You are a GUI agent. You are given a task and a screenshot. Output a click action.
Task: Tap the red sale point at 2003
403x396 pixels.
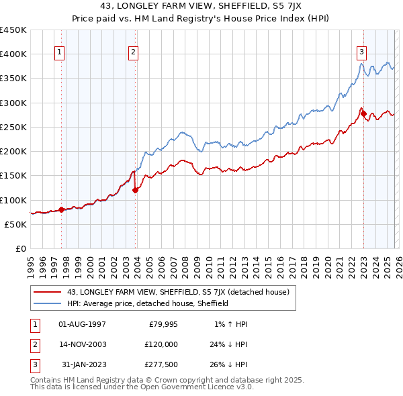(136, 190)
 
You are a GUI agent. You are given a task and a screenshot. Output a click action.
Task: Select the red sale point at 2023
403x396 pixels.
(364, 114)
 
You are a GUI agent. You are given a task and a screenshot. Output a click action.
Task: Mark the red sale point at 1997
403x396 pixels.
(61, 209)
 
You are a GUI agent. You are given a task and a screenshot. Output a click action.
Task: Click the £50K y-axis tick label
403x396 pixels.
(16, 224)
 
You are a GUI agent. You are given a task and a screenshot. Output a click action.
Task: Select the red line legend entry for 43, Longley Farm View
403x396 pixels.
(178, 292)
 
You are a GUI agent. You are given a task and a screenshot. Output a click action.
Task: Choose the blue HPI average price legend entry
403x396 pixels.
(148, 303)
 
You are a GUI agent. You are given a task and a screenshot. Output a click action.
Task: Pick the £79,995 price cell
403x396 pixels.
(162, 324)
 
